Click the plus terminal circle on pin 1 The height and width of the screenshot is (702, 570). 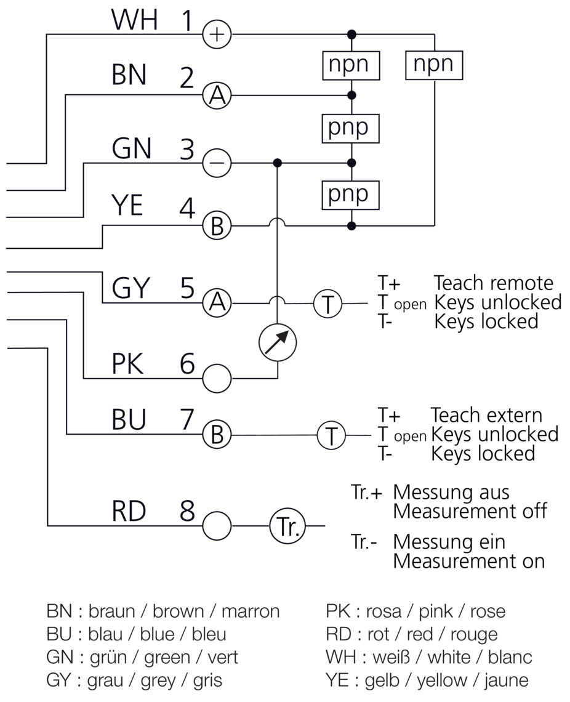[x=217, y=34]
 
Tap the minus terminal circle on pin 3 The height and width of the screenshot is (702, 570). [x=217, y=164]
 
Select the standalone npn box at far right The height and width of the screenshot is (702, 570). [x=434, y=65]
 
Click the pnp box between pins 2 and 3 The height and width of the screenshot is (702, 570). [x=351, y=128]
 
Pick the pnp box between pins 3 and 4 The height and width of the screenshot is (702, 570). [x=351, y=194]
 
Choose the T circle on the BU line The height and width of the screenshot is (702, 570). [x=332, y=436]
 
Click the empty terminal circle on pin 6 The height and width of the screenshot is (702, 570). [x=217, y=378]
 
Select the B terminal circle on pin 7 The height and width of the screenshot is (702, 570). [x=217, y=435]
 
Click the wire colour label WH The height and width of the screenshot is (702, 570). [x=134, y=20]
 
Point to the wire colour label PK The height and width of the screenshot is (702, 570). [x=128, y=365]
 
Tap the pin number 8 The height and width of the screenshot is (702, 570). [x=188, y=511]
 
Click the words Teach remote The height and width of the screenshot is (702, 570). [x=494, y=283]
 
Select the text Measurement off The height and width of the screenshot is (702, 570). [x=470, y=511]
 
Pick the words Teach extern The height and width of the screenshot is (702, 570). [x=486, y=415]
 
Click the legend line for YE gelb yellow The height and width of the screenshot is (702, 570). [x=427, y=680]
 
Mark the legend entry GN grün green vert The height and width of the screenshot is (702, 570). [x=142, y=657]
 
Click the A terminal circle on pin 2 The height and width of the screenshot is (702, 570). [x=217, y=95]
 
